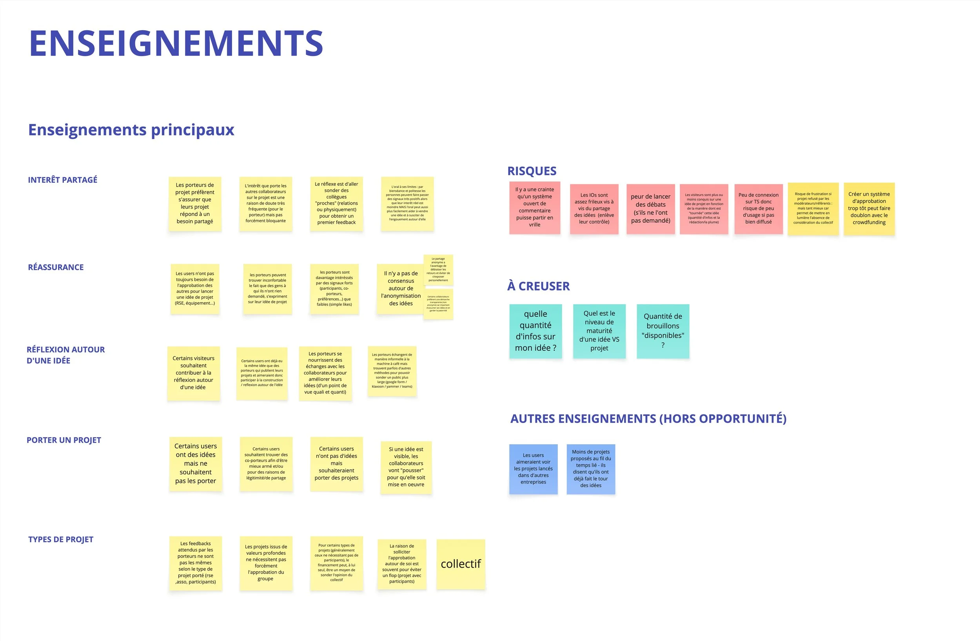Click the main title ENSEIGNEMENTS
click(176, 43)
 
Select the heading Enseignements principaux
click(131, 130)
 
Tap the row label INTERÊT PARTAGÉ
click(63, 180)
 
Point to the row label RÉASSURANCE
click(56, 267)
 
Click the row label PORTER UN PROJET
click(64, 440)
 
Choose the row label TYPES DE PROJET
click(60, 539)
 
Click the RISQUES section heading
click(532, 171)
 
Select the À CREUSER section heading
click(538, 286)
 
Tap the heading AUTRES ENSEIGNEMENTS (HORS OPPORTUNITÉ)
click(648, 419)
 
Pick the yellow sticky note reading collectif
click(461, 564)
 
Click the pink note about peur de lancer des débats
click(651, 209)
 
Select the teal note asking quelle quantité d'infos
click(535, 331)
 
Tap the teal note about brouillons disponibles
click(662, 331)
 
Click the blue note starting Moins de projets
click(590, 469)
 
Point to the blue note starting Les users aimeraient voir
click(533, 469)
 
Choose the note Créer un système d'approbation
click(869, 208)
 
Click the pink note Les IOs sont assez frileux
click(594, 209)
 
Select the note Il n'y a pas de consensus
click(400, 289)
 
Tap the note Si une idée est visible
click(406, 467)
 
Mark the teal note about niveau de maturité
click(599, 331)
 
